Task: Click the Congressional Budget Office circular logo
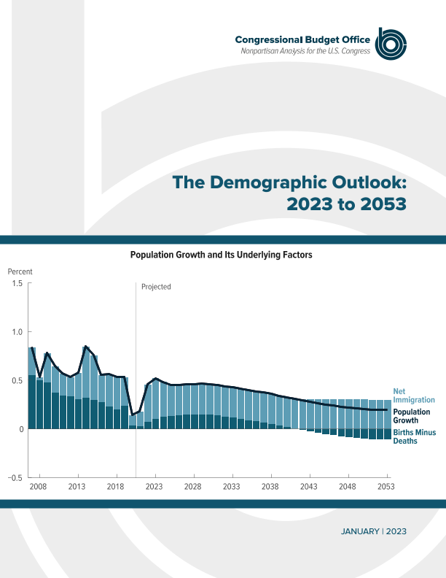tap(390, 45)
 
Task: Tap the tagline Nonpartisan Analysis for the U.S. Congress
tap(305, 51)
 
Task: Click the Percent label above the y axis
tap(20, 271)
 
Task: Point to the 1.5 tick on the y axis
tap(17, 283)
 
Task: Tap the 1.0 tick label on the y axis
tap(17, 331)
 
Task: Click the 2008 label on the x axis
tap(38, 486)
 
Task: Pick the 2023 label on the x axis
tap(154, 486)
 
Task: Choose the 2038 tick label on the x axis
tap(270, 486)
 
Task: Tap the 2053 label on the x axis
tap(386, 486)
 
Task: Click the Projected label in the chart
tap(156, 287)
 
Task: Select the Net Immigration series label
tap(413, 395)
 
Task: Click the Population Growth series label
tap(412, 416)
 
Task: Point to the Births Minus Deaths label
tap(415, 436)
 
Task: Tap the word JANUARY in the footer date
tap(359, 532)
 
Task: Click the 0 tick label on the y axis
tap(21, 429)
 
